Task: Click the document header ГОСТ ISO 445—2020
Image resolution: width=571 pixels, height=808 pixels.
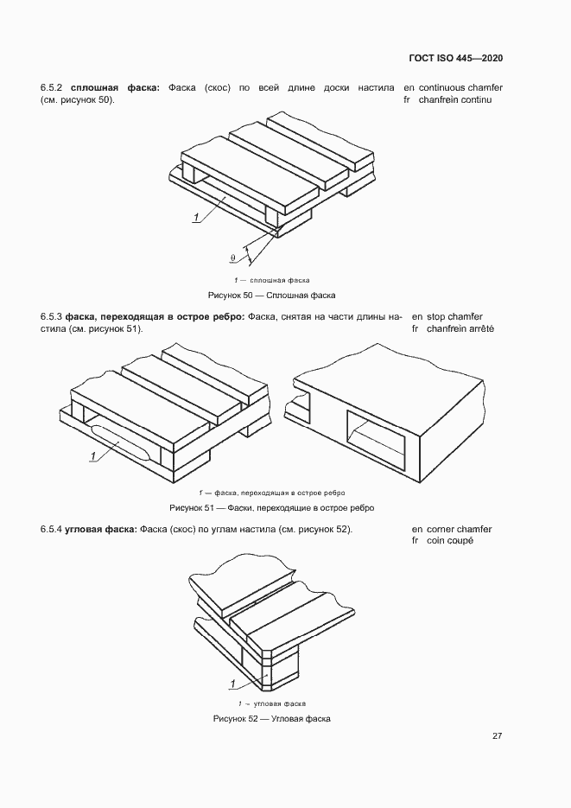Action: click(x=455, y=58)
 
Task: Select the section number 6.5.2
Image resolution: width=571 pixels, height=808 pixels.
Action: click(x=52, y=88)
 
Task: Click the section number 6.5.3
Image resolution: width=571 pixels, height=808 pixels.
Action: click(x=52, y=317)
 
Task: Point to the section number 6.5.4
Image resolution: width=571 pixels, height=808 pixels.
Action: click(x=52, y=529)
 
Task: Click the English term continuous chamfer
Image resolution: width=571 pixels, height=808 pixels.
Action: click(x=460, y=88)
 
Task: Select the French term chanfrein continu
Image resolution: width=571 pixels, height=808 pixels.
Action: click(x=454, y=100)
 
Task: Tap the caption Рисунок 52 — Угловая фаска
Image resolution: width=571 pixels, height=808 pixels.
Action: click(x=271, y=719)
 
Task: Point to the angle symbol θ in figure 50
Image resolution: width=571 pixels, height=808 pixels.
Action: click(x=232, y=257)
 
